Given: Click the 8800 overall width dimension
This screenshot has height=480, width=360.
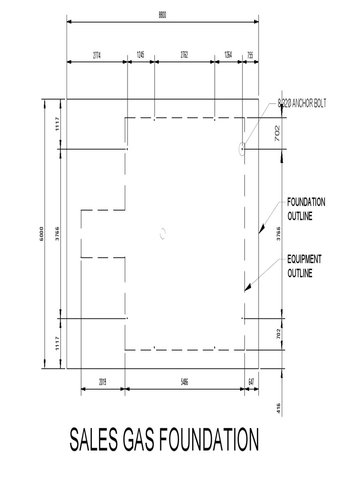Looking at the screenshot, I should click(162, 15).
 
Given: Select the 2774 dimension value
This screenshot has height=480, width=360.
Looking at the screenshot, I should click(97, 55).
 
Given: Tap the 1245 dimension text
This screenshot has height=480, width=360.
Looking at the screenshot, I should click(140, 55).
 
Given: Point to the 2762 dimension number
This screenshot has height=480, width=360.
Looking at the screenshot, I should click(184, 55).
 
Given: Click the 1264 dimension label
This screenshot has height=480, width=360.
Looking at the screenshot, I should click(228, 55).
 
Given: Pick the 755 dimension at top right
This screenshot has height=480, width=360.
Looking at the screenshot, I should click(250, 55).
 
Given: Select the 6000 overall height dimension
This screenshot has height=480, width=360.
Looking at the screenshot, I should click(41, 233).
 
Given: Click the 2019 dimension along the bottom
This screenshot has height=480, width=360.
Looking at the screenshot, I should click(103, 382).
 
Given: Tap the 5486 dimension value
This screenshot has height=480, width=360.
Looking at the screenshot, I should click(185, 382).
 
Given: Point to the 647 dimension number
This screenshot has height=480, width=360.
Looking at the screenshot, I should click(251, 382).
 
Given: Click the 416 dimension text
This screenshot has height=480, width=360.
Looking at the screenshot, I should click(278, 408).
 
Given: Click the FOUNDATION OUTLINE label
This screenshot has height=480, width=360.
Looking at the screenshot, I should click(306, 210).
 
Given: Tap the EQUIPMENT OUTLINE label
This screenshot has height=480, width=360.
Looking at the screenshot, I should click(304, 266).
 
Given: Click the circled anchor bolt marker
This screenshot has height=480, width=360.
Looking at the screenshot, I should click(242, 149).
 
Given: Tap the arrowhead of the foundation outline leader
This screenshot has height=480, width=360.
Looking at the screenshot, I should click(262, 228).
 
